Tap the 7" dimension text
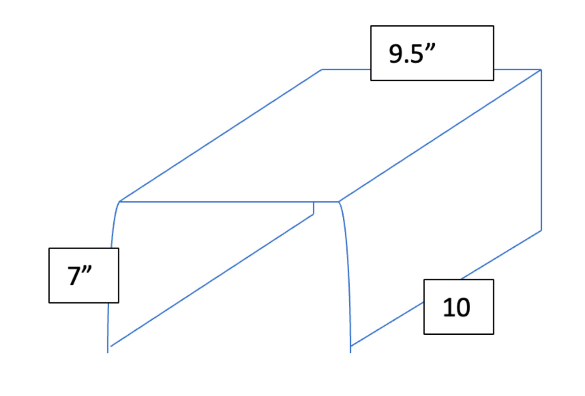(x=79, y=276)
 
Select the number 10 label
(x=457, y=308)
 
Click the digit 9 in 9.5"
(x=396, y=54)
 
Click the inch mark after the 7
(x=87, y=269)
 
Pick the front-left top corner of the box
(x=119, y=202)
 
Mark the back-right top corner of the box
(x=541, y=70)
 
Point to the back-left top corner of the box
(x=322, y=70)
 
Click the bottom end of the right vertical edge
(x=541, y=230)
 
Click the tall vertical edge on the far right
(x=541, y=150)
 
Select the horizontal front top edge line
(x=229, y=202)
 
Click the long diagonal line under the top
(x=212, y=280)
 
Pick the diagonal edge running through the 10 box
(x=446, y=288)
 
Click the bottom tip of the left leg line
(x=107, y=353)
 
